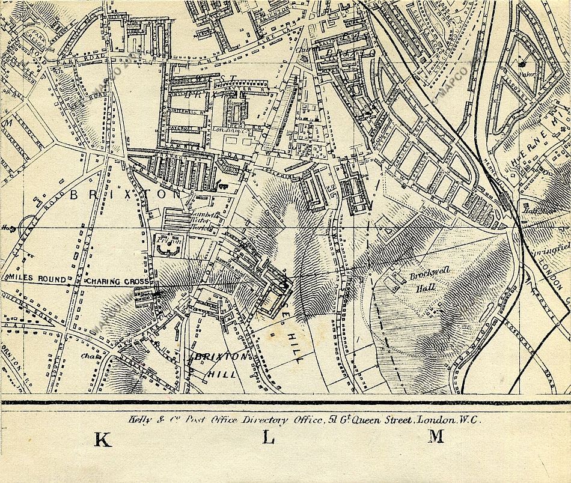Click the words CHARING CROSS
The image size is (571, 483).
pos(112,281)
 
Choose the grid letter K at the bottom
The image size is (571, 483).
pos(103,440)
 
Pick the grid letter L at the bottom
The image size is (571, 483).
pos(268,439)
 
